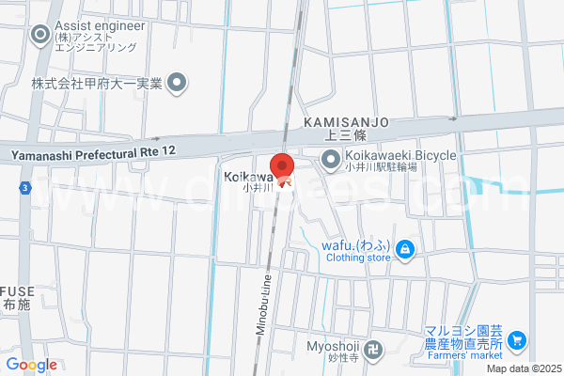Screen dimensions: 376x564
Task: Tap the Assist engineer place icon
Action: tap(40, 36)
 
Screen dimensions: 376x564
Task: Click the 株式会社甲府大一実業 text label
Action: tap(97, 84)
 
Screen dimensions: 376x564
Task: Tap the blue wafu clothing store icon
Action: tap(405, 248)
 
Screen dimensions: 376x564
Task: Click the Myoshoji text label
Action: tap(332, 346)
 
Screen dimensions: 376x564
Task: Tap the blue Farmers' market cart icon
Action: tap(517, 339)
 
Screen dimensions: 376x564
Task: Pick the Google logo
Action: tap(31, 365)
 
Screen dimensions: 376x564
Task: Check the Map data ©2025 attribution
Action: tap(523, 368)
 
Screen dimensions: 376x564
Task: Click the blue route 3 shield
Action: tap(23, 189)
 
